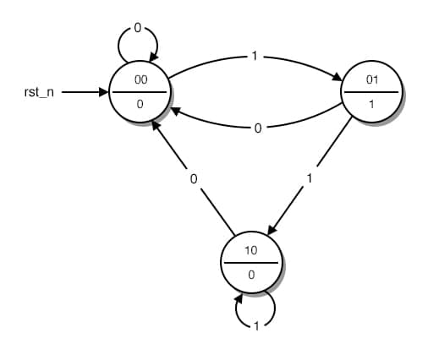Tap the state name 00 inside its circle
pos(140,79)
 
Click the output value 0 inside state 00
pos(140,103)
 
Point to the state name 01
pos(370,79)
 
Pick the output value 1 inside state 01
pos(370,103)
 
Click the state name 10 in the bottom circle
pos(250,250)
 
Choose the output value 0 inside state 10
pos(250,275)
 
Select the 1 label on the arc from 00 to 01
pos(255,57)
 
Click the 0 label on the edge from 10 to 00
pos(194,178)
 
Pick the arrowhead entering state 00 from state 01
pos(175,110)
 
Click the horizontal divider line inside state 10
pos(250,262)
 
